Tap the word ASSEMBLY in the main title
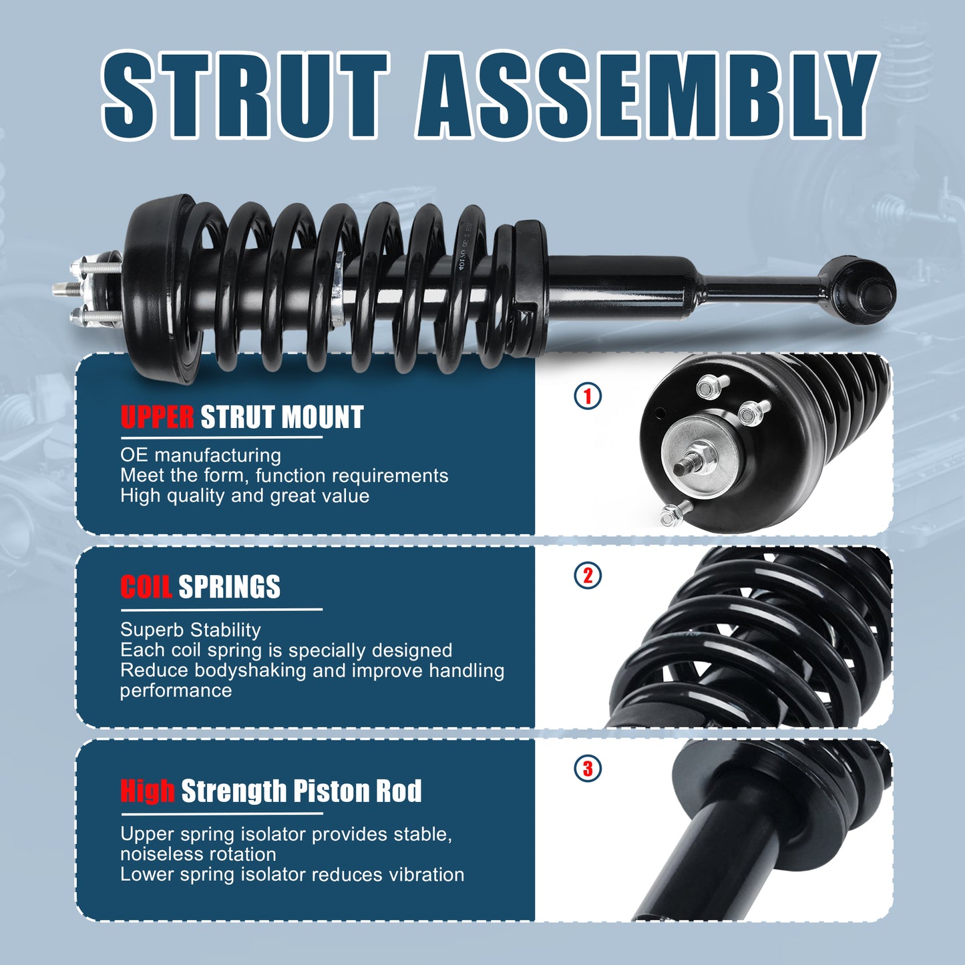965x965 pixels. (645, 95)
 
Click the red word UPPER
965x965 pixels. (158, 417)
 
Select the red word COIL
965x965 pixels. (146, 587)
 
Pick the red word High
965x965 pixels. (148, 791)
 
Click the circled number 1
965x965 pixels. (588, 396)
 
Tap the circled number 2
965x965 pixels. (588, 576)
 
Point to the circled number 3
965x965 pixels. (588, 768)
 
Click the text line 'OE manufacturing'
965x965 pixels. (200, 455)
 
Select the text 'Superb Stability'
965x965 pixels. (190, 630)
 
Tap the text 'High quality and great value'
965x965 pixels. (244, 496)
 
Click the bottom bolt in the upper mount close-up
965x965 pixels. (672, 514)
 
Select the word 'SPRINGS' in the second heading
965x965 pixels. (229, 587)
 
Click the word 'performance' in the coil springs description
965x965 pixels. (176, 691)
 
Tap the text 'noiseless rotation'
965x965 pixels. (198, 854)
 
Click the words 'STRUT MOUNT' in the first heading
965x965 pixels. (282, 417)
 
